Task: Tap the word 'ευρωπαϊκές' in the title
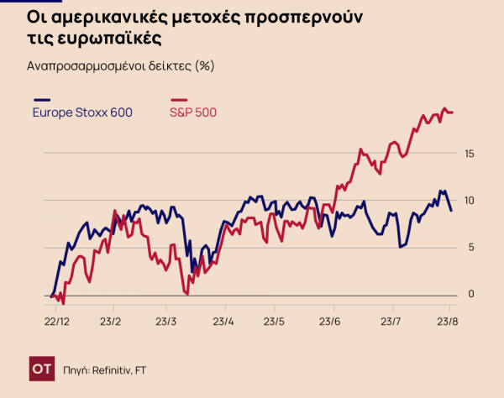click(111, 39)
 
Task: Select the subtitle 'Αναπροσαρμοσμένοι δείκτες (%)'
click(117, 66)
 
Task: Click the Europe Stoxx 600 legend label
click(82, 113)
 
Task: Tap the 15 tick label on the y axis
click(470, 153)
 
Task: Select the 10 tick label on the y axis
click(470, 200)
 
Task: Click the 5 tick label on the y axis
click(470, 247)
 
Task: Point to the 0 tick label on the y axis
click(470, 294)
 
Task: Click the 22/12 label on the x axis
click(56, 321)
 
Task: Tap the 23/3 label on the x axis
click(166, 321)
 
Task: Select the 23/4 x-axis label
click(223, 321)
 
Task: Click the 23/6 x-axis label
click(330, 321)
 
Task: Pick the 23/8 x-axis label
click(448, 321)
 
